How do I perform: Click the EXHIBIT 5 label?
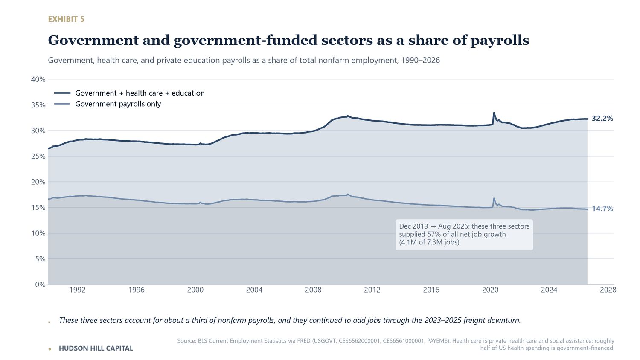[x=66, y=19]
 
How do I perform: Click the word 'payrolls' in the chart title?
[x=500, y=41]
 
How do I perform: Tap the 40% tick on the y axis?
[x=38, y=79]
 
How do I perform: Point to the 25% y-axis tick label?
[x=38, y=156]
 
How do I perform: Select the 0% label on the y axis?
[x=40, y=285]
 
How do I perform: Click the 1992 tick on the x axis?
[x=77, y=290]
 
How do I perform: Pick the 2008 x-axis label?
[x=313, y=290]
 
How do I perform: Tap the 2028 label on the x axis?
[x=608, y=290]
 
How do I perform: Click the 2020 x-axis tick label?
[x=490, y=290]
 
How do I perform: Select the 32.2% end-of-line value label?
[x=602, y=119]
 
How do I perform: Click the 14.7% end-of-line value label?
[x=602, y=209]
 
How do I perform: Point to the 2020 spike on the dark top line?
[x=494, y=113]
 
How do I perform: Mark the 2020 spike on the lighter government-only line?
[x=494, y=198]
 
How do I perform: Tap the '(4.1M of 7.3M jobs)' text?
[x=429, y=242]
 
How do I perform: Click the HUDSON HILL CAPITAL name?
[x=96, y=348]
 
